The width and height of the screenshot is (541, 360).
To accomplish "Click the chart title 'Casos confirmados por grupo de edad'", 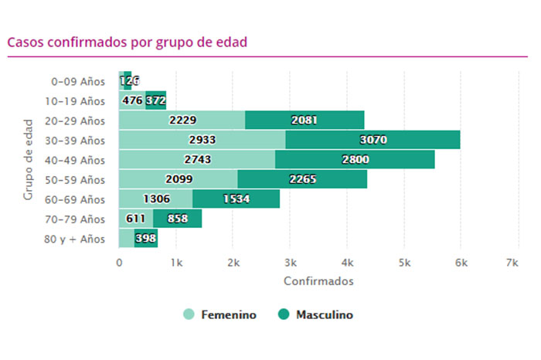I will click(x=127, y=42).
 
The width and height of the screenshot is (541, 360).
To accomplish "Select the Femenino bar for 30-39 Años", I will click(x=202, y=140).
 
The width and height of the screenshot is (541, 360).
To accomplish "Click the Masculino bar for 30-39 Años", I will click(x=373, y=140).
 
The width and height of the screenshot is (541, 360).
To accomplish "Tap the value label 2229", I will click(x=182, y=120).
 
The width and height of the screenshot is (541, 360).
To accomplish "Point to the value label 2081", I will click(x=304, y=120).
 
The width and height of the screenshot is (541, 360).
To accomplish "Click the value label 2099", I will click(x=179, y=179).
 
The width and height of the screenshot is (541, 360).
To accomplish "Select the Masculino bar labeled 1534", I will click(x=236, y=199).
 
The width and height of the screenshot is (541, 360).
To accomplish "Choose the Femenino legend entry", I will click(x=219, y=314).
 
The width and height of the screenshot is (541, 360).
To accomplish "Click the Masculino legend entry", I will click(x=315, y=314).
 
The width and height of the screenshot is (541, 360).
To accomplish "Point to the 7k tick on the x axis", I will click(x=511, y=263).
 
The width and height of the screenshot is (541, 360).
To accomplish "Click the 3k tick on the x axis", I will click(x=291, y=263).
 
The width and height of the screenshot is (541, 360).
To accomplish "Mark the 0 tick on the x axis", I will click(x=119, y=263).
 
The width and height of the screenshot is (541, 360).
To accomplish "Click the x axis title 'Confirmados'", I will click(x=318, y=281).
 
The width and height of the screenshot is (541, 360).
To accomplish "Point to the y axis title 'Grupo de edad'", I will click(x=28, y=159).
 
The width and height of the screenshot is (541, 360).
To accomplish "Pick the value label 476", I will click(x=132, y=100).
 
